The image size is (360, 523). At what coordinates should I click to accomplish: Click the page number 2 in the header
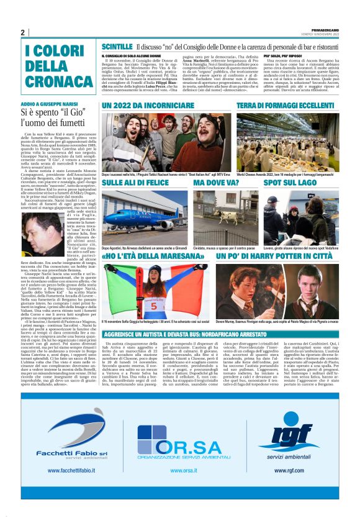point(23,32)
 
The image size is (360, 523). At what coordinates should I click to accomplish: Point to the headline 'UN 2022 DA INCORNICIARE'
point(143,106)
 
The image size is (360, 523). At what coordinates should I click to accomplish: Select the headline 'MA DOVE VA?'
point(217,184)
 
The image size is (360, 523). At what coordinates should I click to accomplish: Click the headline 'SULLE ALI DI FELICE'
point(135,184)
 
